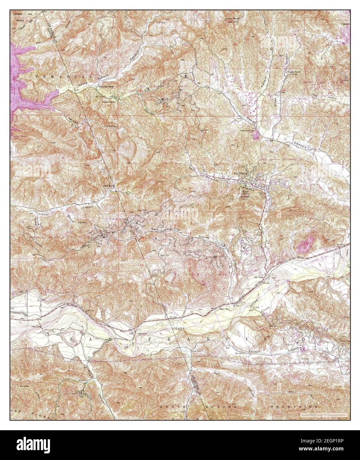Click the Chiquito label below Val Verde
click(246, 186)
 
